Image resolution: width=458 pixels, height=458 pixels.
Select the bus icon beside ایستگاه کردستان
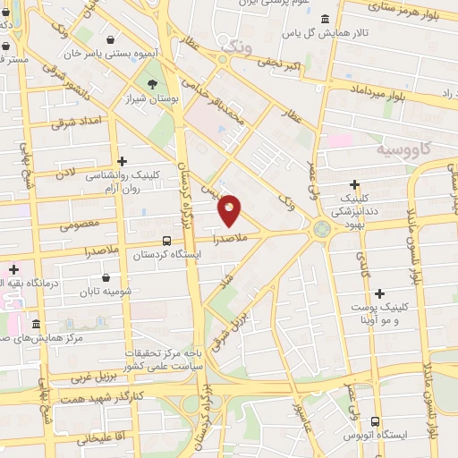pos(166,241)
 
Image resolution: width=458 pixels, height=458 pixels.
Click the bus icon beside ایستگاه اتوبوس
pos(374,420)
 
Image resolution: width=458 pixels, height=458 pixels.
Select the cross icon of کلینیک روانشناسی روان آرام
pos(122,162)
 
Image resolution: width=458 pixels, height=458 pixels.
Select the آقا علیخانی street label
pos(96,440)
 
